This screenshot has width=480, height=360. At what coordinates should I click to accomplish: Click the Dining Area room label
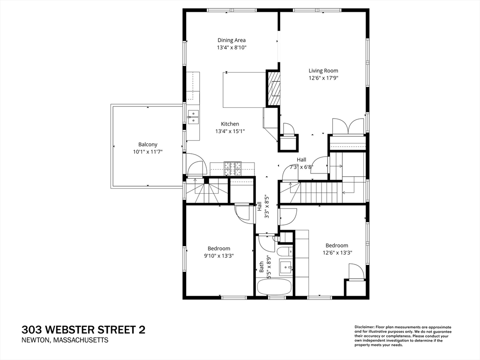click(232, 40)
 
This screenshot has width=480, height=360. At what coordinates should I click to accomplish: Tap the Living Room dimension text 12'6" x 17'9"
click(323, 78)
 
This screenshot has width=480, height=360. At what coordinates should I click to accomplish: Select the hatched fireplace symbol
click(273, 88)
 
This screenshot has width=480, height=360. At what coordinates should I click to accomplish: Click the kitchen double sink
click(193, 117)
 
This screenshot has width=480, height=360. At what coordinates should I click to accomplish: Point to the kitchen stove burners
click(232, 166)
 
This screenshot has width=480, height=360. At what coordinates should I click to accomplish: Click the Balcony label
click(148, 144)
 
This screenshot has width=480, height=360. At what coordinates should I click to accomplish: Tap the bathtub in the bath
click(274, 287)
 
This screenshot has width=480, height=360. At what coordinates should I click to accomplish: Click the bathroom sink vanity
click(286, 268)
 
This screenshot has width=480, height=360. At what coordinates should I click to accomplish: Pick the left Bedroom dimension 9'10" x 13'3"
click(219, 256)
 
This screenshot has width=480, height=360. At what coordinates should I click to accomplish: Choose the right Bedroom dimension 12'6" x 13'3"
click(337, 253)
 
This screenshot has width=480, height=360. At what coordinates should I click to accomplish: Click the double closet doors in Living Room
click(348, 127)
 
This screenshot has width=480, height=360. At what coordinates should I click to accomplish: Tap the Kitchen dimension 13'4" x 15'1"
click(230, 132)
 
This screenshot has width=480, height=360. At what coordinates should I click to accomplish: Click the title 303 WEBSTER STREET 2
click(83, 330)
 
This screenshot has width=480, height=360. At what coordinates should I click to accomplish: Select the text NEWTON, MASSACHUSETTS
click(65, 340)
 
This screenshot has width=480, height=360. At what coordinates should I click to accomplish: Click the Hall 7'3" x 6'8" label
click(301, 166)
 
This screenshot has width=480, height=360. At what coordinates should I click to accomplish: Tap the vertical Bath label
click(262, 267)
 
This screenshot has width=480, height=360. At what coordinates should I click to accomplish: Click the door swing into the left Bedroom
click(244, 213)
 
